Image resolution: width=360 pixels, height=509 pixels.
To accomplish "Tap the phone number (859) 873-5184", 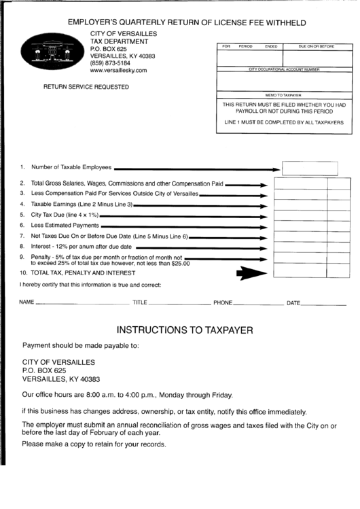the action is [113, 63].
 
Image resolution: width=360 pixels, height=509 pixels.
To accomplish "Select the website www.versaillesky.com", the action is [118, 71].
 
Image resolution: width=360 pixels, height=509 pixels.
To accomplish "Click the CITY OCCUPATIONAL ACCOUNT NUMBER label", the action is [284, 70].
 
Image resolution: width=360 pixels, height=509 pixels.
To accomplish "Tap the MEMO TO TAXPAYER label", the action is [283, 95].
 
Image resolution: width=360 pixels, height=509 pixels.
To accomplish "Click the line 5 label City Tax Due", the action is [60, 214].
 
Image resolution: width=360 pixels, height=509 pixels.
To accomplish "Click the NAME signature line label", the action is [26, 302].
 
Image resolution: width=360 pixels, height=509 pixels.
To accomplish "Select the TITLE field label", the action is [140, 302].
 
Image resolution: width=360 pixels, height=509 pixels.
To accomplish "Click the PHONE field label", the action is [223, 302].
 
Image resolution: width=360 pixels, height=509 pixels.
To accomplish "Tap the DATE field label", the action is [293, 302].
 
